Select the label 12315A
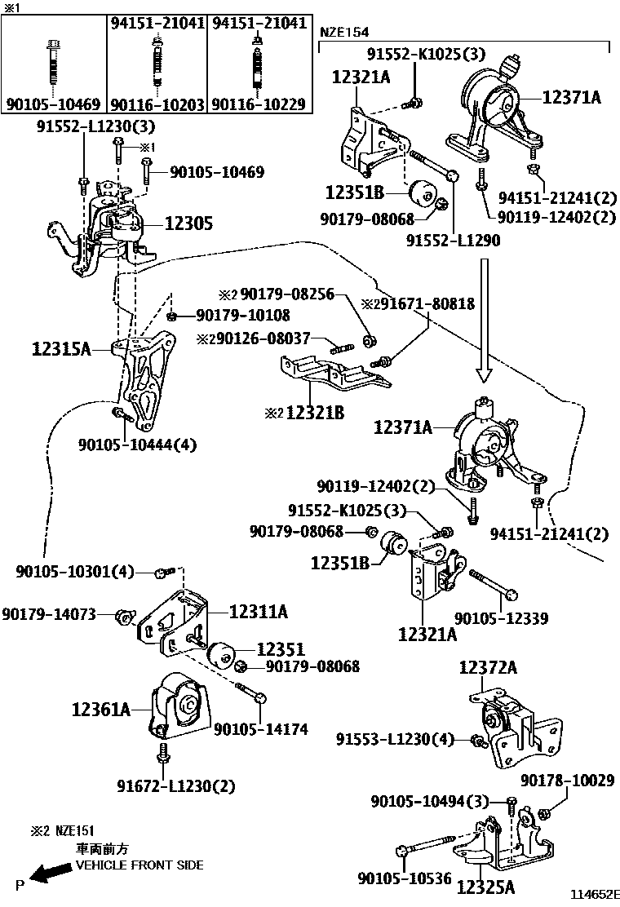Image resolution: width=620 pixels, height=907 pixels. [x=61, y=349]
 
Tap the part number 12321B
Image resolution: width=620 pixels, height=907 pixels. [x=313, y=414]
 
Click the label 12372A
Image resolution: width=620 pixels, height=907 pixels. [x=488, y=668]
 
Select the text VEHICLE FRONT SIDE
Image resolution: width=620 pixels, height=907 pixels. [x=139, y=865]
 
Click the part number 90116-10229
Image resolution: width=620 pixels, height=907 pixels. [x=259, y=104]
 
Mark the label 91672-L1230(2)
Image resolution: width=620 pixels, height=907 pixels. [x=175, y=786]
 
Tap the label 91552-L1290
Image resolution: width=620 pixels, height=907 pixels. [x=453, y=241]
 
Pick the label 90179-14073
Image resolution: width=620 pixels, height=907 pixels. [x=49, y=613]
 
